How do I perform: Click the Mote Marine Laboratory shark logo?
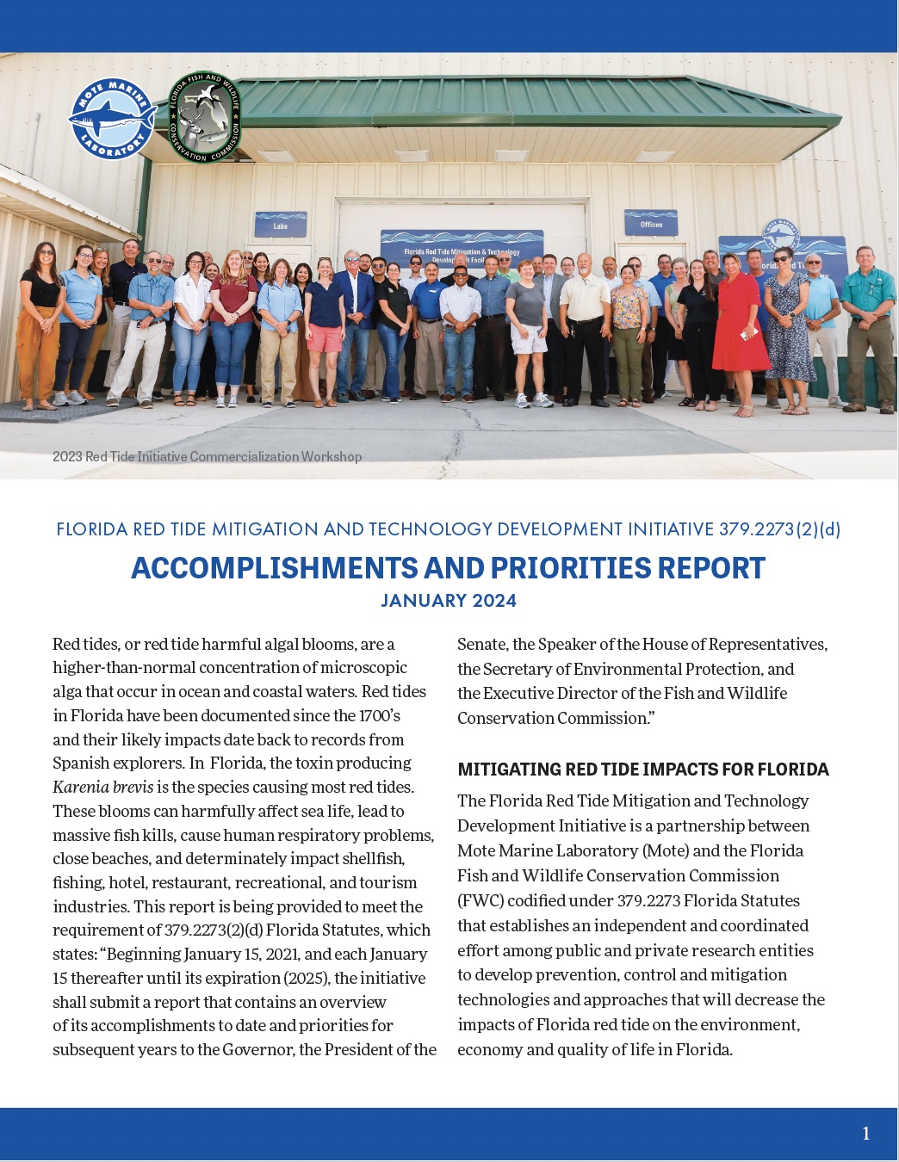click(112, 119)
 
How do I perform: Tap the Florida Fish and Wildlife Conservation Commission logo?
click(204, 117)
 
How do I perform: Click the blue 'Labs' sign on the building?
click(281, 226)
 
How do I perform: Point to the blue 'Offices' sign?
click(651, 224)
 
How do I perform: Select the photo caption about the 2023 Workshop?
click(207, 456)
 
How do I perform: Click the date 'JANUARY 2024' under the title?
click(449, 601)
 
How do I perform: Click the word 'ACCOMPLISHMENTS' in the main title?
click(273, 568)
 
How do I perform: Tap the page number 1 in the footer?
click(865, 1134)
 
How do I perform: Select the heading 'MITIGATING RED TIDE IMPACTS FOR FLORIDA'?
click(643, 770)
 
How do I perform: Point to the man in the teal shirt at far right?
click(867, 323)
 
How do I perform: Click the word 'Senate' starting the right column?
click(481, 644)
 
